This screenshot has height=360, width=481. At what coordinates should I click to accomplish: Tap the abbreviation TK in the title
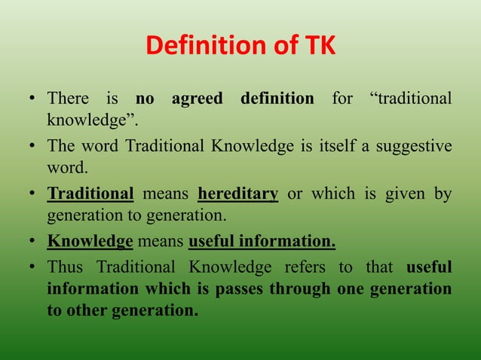[x=318, y=47]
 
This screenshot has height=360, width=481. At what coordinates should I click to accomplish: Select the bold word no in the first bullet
[x=144, y=99]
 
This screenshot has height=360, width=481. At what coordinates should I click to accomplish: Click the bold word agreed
[x=197, y=99]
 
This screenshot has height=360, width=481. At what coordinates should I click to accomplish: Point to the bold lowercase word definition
[x=277, y=99]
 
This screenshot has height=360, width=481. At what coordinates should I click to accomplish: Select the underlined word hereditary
[x=237, y=194]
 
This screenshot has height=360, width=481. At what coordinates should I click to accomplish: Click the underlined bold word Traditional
[x=90, y=194]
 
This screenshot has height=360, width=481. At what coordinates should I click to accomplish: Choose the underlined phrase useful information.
[x=262, y=242]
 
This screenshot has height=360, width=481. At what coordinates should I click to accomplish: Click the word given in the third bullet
[x=400, y=194]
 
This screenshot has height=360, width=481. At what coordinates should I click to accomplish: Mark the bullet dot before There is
[x=32, y=99]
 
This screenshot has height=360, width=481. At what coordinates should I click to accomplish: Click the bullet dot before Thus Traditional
[x=32, y=267]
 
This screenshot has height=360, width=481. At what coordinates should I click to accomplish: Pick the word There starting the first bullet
[x=67, y=99]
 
